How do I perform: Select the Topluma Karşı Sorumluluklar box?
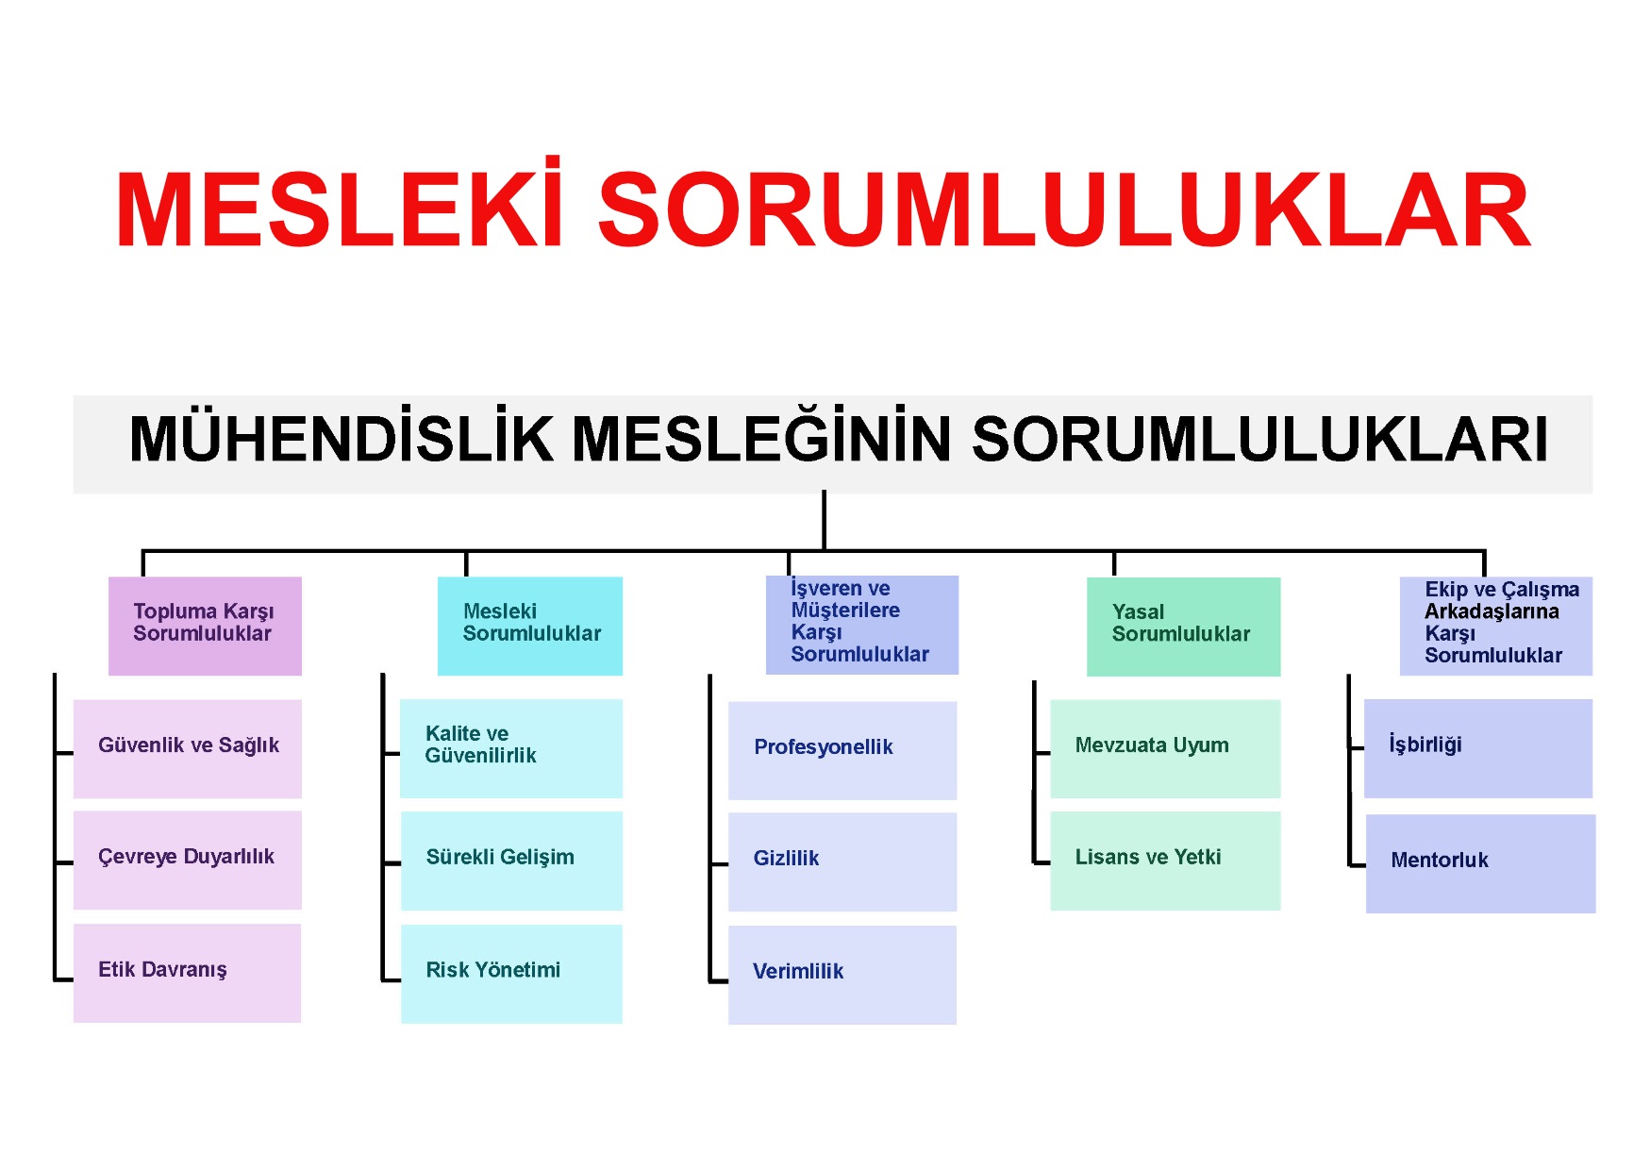tap(205, 626)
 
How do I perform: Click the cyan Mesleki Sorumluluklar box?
tap(530, 626)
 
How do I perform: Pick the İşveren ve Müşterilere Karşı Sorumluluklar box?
tap(862, 625)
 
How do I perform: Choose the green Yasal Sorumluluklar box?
tap(1184, 627)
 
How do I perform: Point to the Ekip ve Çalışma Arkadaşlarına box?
tap(1496, 626)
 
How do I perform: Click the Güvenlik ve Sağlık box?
tap(188, 749)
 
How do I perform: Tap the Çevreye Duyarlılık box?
tap(188, 860)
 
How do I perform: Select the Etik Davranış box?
tap(187, 973)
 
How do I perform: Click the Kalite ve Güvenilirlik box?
tap(511, 748)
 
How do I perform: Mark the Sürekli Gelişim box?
tap(511, 861)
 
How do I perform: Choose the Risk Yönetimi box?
tap(511, 974)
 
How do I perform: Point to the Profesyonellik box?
tap(842, 750)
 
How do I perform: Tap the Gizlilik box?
tap(842, 862)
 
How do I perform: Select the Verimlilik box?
tap(842, 975)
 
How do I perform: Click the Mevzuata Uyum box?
tap(1165, 748)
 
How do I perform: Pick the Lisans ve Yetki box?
tap(1165, 861)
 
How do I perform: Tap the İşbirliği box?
tap(1478, 748)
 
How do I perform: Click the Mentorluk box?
tap(1481, 863)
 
